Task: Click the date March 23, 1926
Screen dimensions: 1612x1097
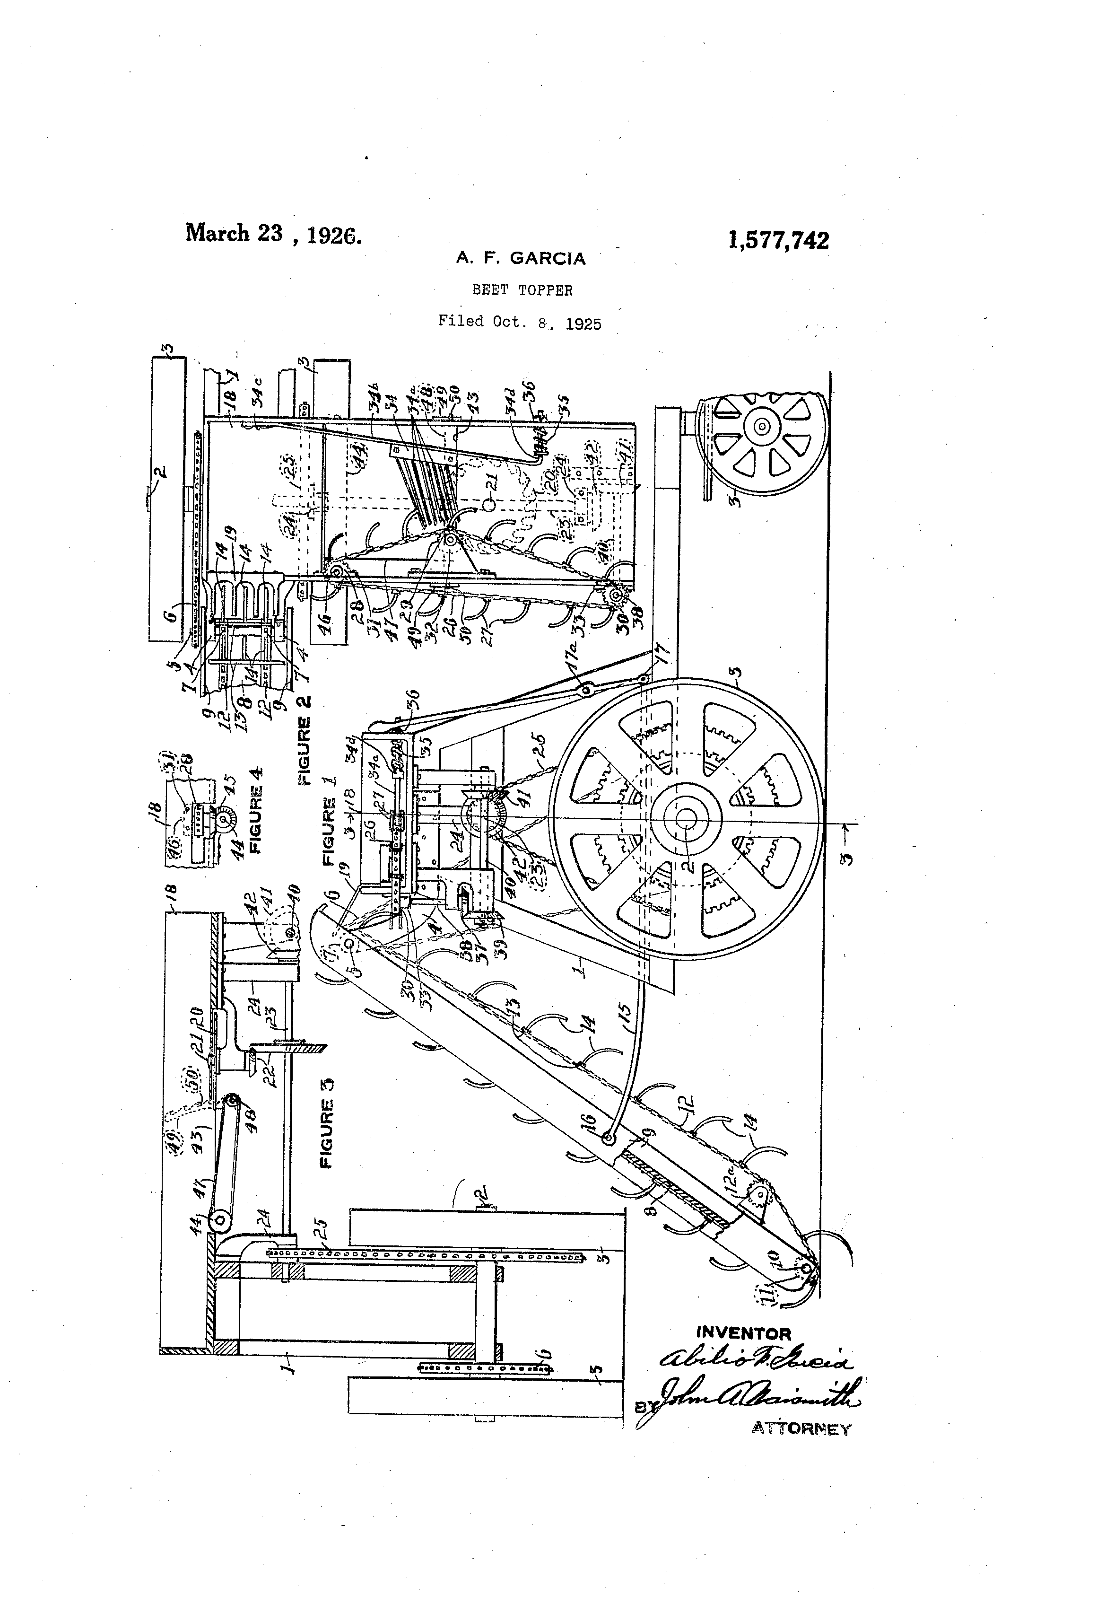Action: click(272, 234)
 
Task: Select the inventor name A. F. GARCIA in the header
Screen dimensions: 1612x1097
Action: click(520, 259)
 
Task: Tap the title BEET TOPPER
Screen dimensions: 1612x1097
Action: click(522, 290)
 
